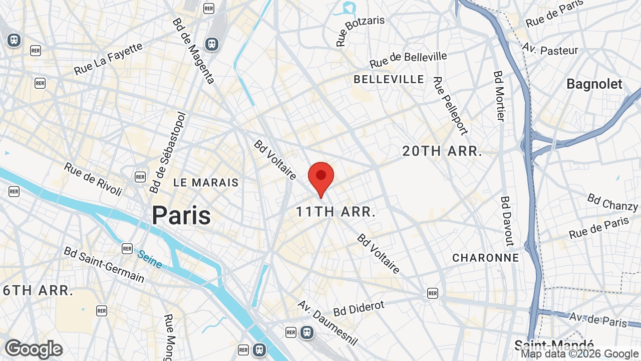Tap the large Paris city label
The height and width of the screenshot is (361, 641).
tap(181, 215)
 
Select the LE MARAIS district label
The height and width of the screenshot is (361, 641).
tap(206, 183)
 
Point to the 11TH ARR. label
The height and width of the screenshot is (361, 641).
tap(336, 212)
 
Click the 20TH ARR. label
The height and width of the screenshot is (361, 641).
tap(442, 151)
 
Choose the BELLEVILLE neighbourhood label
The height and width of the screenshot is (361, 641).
tap(389, 79)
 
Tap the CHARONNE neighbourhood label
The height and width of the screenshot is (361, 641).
tap(485, 258)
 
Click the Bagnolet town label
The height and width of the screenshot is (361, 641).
tap(594, 84)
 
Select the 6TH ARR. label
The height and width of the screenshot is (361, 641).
tap(38, 290)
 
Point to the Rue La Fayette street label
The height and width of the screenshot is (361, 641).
tap(108, 59)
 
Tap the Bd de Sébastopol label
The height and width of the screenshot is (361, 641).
tap(168, 152)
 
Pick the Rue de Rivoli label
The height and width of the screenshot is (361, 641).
tap(93, 179)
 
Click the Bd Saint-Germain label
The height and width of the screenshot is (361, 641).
tap(104, 265)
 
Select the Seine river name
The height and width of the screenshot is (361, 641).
tap(150, 259)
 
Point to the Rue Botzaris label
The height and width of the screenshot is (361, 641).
tap(360, 31)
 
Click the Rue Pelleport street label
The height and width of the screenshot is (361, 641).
tap(450, 105)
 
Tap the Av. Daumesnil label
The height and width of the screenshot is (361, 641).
tap(328, 322)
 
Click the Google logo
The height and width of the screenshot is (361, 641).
tap(34, 349)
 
